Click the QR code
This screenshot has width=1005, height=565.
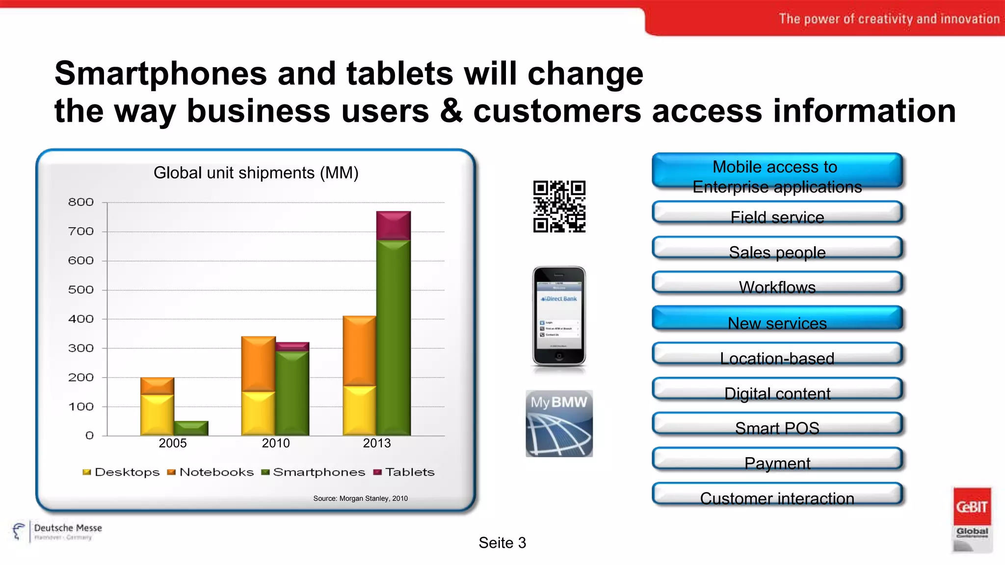point(559,206)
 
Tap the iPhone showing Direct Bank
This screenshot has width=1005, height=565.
point(559,316)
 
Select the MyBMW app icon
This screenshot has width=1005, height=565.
point(559,423)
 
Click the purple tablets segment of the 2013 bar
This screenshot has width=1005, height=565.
point(393,226)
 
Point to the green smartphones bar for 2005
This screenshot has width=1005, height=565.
point(191,428)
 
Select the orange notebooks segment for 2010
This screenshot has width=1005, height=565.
point(258,364)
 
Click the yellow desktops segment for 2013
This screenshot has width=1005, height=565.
point(359,411)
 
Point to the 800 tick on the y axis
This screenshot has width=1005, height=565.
point(81,202)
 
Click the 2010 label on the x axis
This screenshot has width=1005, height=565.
point(275,443)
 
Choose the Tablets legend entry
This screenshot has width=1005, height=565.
point(404,472)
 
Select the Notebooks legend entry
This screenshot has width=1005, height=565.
point(211,472)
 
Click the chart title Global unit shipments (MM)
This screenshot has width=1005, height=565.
point(256,173)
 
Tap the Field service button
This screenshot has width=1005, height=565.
point(777,214)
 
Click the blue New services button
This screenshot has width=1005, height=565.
point(777,319)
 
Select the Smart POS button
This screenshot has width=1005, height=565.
point(777,425)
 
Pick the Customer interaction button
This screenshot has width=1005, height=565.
point(777,495)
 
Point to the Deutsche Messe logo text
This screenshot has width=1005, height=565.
point(68,528)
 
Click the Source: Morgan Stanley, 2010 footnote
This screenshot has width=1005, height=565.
point(360,498)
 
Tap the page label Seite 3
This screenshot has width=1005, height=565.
point(502,543)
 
